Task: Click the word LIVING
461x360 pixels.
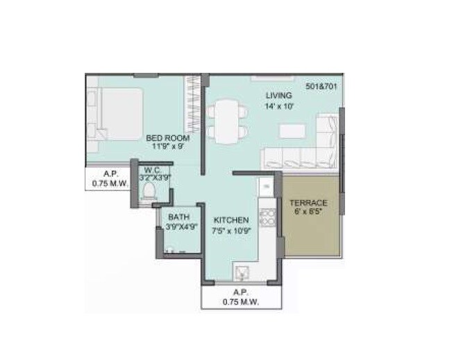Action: point(278,95)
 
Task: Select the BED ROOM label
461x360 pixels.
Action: point(167,138)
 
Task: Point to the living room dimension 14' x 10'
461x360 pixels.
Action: point(279,106)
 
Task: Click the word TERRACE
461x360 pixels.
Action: point(309,203)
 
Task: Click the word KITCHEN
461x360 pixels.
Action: point(230,220)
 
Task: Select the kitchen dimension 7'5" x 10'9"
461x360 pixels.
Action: point(230,230)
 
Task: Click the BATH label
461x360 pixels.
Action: point(178,217)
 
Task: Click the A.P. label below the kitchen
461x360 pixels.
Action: point(241,292)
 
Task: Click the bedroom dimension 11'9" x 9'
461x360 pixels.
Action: point(167,147)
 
